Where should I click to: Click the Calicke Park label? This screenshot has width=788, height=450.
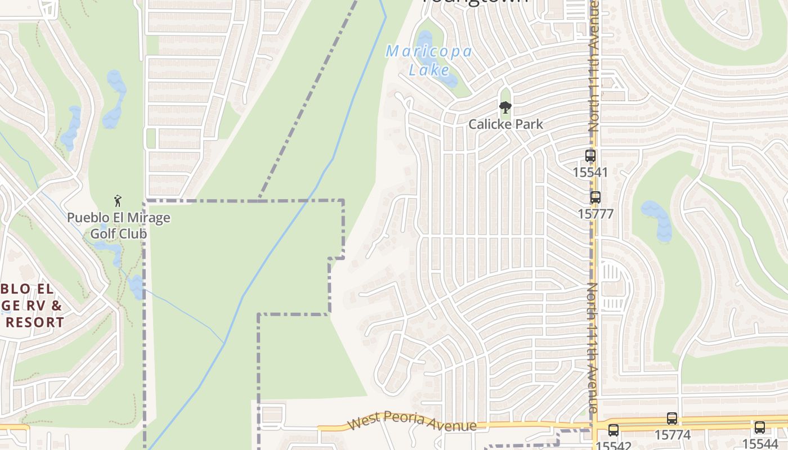coord(505,124)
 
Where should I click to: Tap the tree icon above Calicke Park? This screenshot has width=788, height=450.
coord(505,107)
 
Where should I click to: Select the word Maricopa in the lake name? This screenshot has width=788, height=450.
coord(429,52)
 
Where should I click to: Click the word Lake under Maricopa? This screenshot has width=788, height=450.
coord(429,70)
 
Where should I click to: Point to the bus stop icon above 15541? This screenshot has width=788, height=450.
coord(590,156)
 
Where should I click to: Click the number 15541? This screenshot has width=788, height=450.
coord(590,172)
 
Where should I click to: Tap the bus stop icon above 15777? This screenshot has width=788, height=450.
coord(595,197)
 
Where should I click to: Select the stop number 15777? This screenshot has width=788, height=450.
coord(595,214)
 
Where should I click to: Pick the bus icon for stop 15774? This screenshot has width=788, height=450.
coord(671,418)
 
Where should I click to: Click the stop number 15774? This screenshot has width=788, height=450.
coord(672,435)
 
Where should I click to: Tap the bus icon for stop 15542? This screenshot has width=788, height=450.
coord(613,430)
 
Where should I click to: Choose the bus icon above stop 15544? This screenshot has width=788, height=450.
coord(759,427)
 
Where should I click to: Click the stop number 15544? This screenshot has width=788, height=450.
coord(760,443)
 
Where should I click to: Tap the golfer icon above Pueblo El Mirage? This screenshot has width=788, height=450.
coord(118,201)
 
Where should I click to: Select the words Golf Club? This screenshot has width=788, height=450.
coord(119,233)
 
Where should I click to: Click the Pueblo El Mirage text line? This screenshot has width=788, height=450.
coord(119,218)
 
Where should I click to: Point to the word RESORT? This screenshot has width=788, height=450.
coord(35,322)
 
